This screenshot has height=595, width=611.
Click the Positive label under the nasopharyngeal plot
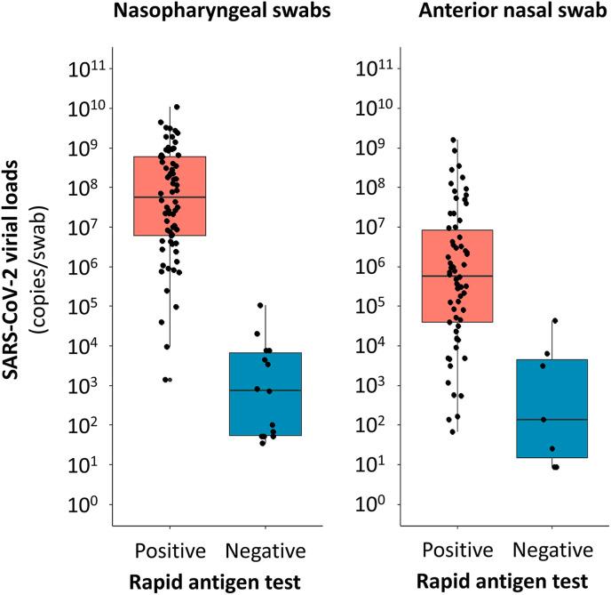170,547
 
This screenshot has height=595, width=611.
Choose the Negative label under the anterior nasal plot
551,547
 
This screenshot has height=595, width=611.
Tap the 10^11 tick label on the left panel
84,68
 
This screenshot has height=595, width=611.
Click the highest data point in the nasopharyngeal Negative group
260,306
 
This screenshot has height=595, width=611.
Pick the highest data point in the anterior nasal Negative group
555,320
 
